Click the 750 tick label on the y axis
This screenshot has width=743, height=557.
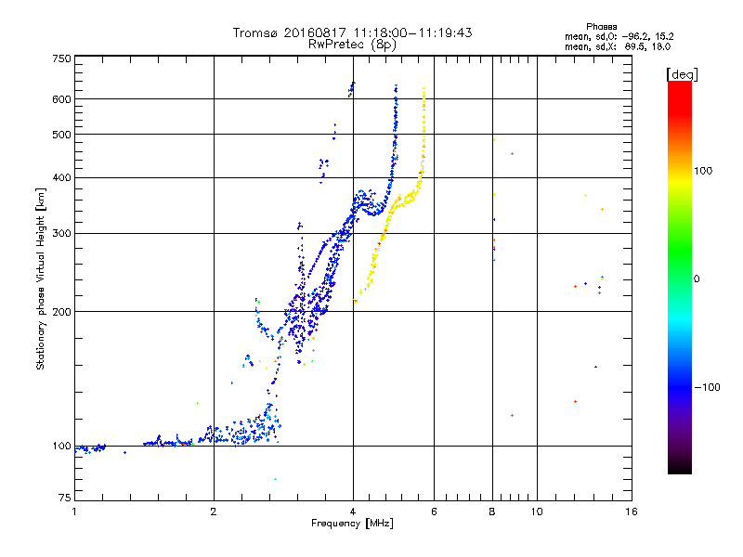tap(62, 58)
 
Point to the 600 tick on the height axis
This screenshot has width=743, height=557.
tap(62, 98)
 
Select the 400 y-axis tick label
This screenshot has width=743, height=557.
tap(62, 177)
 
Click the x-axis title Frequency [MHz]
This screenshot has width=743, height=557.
tap(352, 525)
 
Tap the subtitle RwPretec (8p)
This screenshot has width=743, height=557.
tap(353, 44)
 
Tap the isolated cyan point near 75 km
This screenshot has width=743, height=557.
tap(274, 479)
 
